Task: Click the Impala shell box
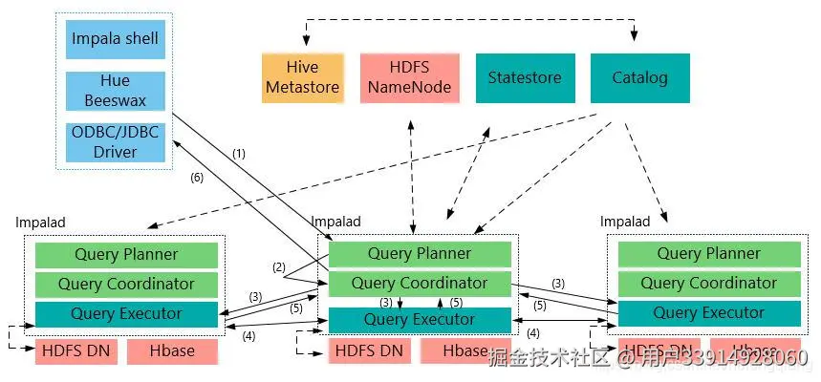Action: coord(115,40)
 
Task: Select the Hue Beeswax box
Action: coord(115,91)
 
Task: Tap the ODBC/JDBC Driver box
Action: coord(115,140)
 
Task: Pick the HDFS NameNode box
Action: coord(408,78)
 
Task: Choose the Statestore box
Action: coord(525,78)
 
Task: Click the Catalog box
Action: coord(639,78)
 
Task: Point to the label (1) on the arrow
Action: coord(239,153)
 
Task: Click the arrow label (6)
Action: coord(197,178)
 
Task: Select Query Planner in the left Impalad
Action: coord(126,255)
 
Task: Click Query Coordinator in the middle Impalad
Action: coord(420,284)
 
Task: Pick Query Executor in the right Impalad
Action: coord(708,313)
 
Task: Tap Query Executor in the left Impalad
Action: coord(126,313)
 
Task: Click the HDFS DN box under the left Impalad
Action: coord(76,351)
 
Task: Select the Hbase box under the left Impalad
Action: coord(172,351)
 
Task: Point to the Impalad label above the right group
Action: coord(625,222)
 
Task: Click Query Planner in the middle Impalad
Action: coord(420,254)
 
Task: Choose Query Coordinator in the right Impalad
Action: coord(708,284)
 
